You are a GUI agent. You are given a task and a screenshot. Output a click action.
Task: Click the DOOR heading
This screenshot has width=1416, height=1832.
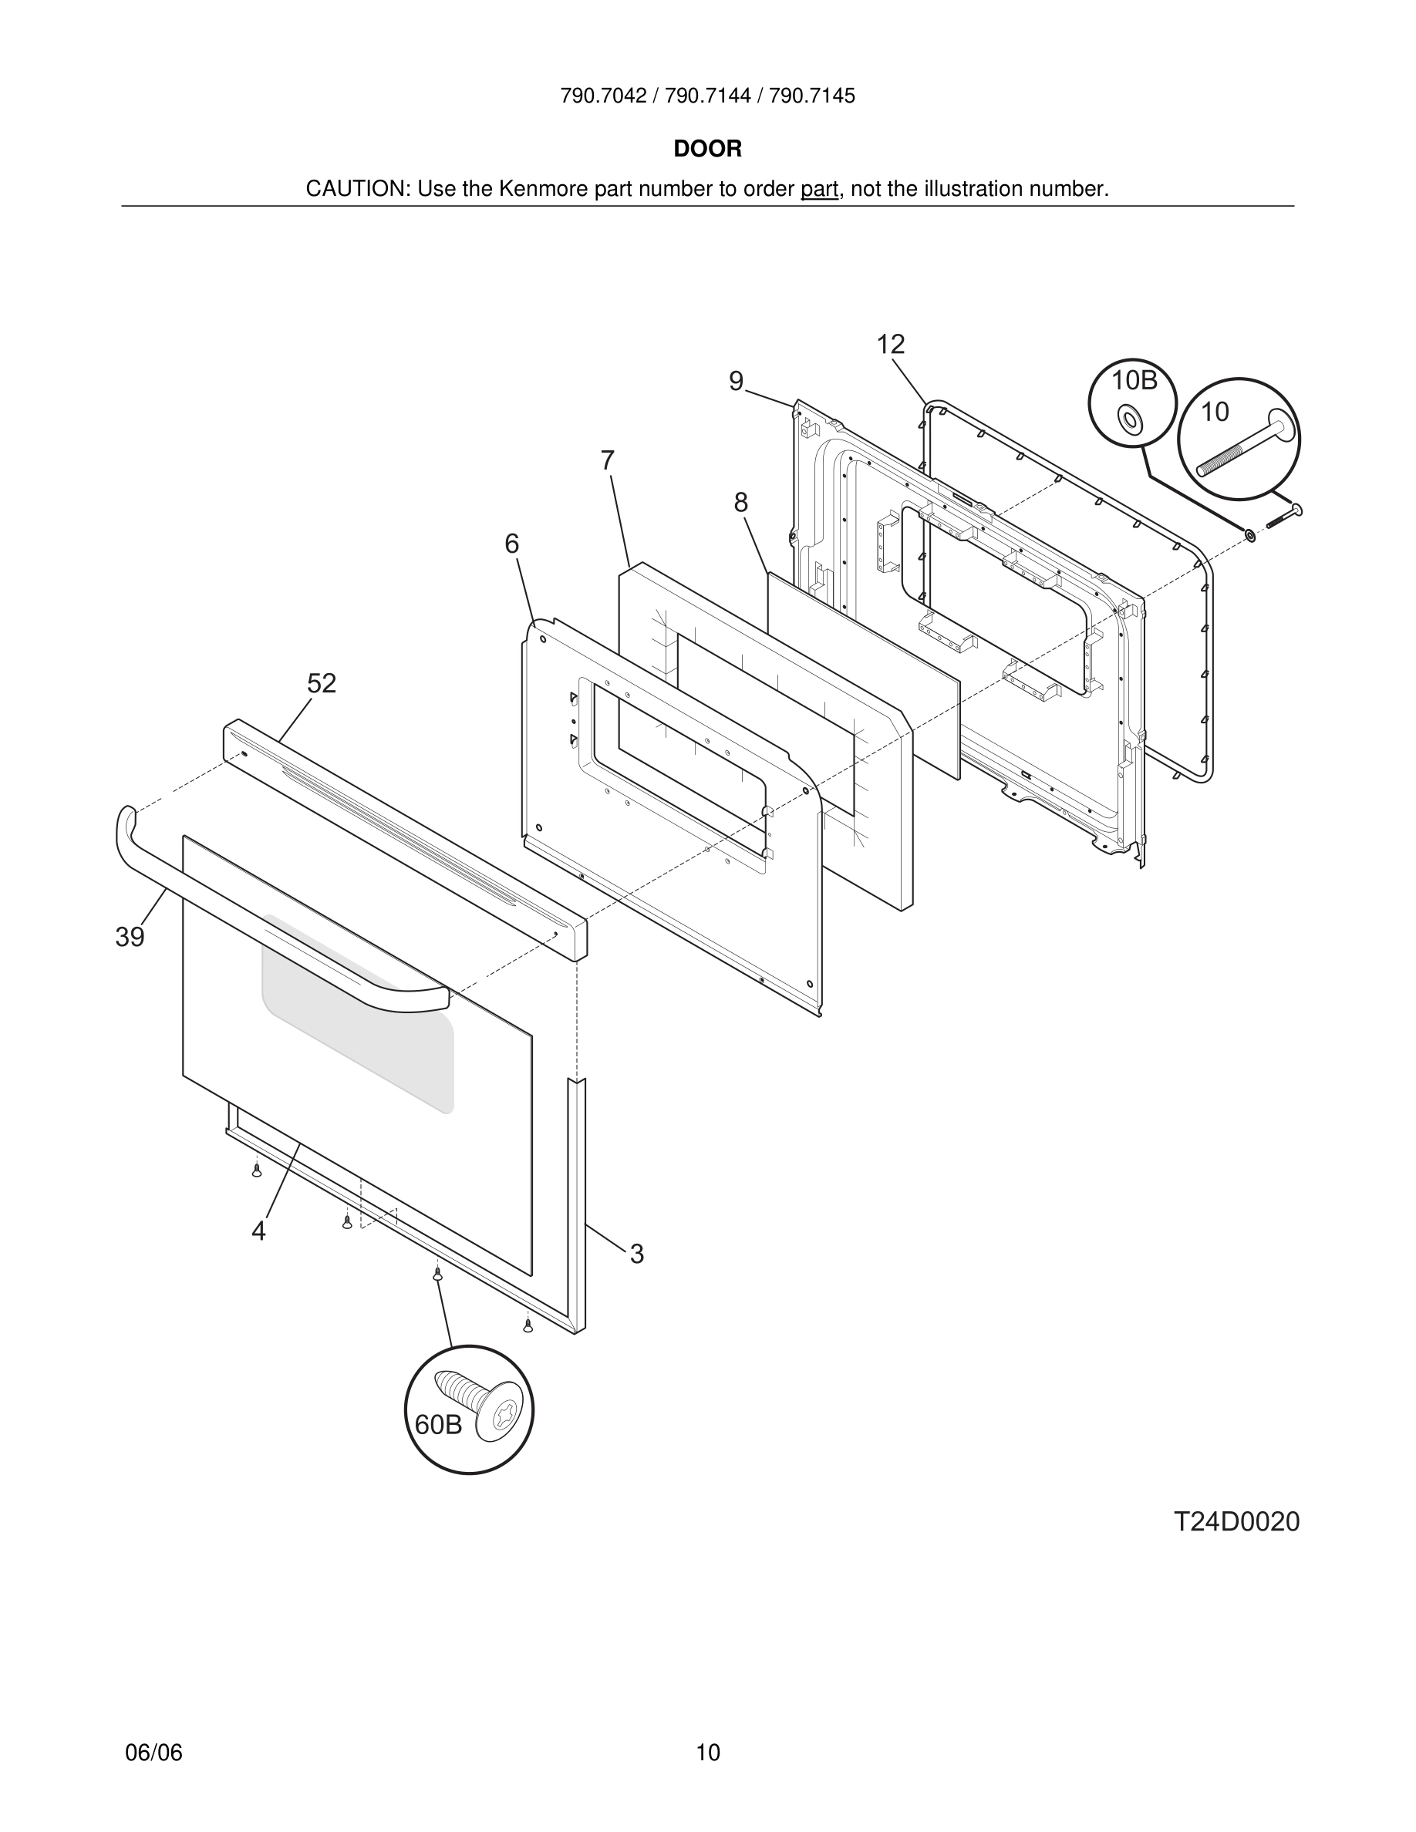point(707,149)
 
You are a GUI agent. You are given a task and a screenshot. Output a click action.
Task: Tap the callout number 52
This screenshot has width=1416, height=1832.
point(322,684)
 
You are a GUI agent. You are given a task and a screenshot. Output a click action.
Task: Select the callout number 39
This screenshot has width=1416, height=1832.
point(130,937)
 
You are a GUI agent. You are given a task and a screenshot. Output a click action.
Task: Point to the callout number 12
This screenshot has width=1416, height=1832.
point(891,344)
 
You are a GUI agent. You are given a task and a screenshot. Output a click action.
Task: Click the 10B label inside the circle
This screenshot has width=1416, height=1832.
point(1134,381)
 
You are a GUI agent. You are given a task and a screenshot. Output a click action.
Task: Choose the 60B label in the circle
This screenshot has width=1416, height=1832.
point(439,1424)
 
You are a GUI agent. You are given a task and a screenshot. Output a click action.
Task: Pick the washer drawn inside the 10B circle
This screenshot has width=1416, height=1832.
point(1131,419)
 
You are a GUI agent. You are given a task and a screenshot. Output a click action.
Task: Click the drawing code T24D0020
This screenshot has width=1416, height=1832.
point(1236,1521)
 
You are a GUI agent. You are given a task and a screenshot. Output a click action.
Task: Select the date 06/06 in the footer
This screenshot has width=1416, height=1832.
point(153,1753)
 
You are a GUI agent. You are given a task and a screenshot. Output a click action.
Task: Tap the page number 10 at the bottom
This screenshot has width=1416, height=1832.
point(708,1753)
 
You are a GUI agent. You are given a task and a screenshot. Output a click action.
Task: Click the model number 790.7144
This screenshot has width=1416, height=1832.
point(707,96)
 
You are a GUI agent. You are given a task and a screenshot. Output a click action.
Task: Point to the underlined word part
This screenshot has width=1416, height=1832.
point(819,189)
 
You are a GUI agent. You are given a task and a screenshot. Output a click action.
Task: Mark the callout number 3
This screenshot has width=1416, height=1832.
point(637,1254)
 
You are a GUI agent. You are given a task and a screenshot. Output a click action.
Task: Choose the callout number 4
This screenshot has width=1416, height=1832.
point(258,1231)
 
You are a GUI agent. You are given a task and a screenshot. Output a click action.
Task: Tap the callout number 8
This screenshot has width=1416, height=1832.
point(740,503)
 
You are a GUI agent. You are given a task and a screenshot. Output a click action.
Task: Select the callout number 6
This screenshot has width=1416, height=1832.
point(511,544)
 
